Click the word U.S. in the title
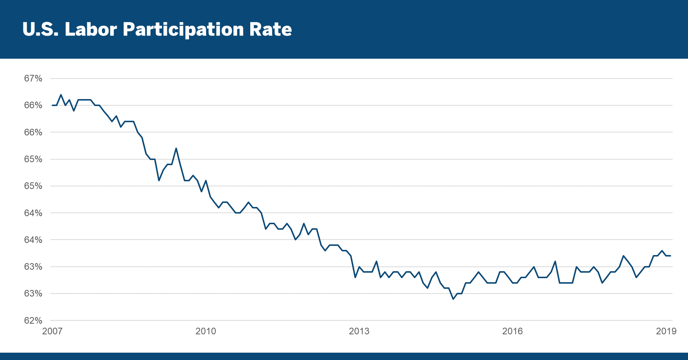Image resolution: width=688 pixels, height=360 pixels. point(40,29)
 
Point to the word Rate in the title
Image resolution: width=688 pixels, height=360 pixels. point(270,29)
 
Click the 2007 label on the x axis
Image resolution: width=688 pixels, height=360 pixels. point(52,331)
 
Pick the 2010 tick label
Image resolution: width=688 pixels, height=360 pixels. point(205,331)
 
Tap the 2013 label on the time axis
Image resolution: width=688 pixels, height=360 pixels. point(359,331)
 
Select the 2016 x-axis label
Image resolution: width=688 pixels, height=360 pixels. point(512,331)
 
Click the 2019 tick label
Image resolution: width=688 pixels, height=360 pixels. point(666,331)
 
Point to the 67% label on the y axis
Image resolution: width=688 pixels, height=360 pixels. point(33,79)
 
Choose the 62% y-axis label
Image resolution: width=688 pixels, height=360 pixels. point(33,321)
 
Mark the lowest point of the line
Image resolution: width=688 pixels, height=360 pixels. point(453,299)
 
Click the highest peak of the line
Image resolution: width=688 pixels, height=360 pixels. point(61,95)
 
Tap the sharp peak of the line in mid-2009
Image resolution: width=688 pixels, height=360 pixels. point(176,148)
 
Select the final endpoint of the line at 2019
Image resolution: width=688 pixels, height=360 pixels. point(670,256)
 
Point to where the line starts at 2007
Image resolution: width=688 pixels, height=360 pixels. point(52,105)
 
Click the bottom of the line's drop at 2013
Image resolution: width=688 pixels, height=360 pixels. point(355,277)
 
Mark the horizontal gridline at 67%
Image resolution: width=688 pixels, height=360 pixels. point(367,79)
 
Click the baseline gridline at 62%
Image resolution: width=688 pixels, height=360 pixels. point(367,321)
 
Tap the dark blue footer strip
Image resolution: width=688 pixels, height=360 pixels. point(344,356)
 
